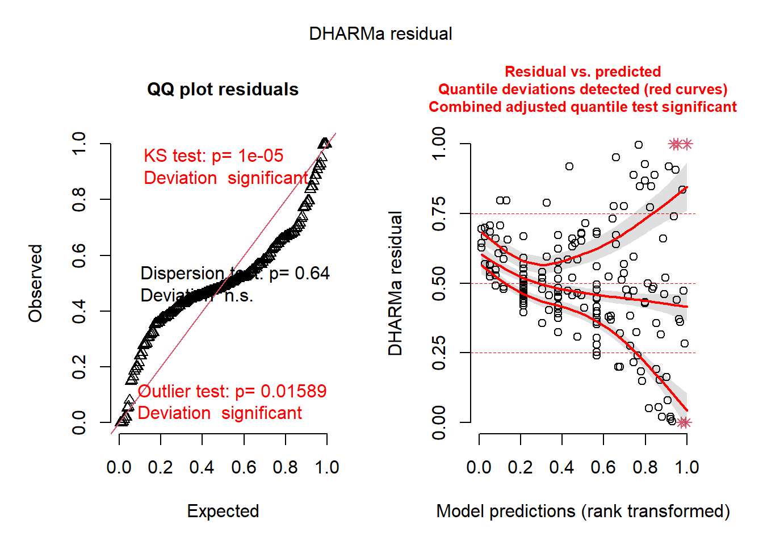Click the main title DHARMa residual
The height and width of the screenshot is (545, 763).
tap(380, 34)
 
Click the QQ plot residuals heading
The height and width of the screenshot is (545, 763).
tap(223, 90)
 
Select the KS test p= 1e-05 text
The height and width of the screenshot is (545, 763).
tap(213, 156)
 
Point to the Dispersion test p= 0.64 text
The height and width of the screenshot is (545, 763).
tap(235, 274)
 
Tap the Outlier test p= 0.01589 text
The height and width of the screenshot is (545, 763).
tap(232, 392)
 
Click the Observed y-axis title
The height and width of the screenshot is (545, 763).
tap(36, 283)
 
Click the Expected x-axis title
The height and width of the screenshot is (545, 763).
tap(223, 512)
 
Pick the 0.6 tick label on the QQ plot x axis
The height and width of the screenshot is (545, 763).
tap(244, 468)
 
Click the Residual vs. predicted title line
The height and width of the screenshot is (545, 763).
tap(582, 72)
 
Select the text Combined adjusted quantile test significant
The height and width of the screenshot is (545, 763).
tap(582, 107)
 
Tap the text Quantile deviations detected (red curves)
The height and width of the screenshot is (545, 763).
tap(582, 90)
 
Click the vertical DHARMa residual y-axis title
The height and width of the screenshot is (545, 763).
tap(395, 283)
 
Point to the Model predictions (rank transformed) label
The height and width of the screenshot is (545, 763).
tap(583, 512)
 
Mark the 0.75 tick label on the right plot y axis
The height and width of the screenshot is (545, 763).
tap(439, 214)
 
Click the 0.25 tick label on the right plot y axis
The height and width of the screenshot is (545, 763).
tap(439, 353)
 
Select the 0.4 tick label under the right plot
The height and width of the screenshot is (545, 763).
tap(561, 468)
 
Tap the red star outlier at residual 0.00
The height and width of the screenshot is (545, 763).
tap(684, 422)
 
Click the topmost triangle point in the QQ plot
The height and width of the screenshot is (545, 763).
tap(325, 143)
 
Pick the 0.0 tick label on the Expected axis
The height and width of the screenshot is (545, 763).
tap(119, 468)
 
